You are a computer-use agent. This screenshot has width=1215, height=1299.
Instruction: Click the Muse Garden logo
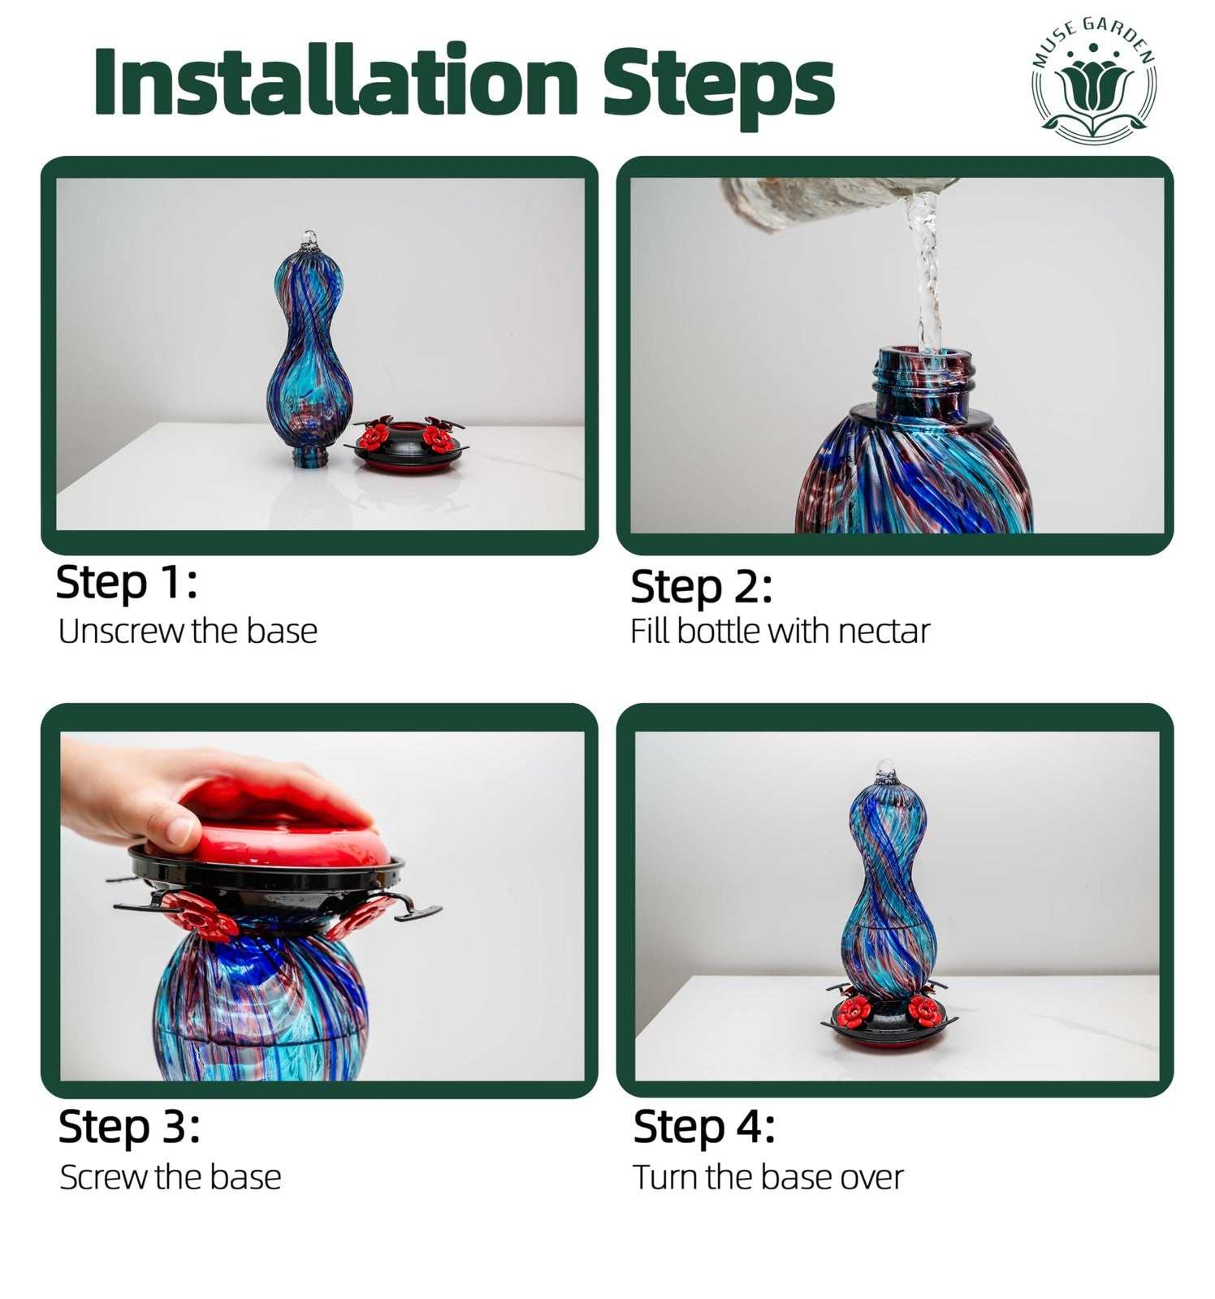[x=1094, y=80]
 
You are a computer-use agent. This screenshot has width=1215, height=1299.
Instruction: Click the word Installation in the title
[x=335, y=81]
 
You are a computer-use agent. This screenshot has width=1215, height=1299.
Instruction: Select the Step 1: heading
[x=126, y=583]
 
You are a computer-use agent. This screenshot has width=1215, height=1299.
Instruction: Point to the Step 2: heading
[x=701, y=588]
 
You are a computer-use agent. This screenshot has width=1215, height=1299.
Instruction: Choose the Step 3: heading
[x=129, y=1128]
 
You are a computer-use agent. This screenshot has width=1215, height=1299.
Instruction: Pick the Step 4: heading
[x=703, y=1128]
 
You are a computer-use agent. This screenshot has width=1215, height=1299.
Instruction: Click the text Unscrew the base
[x=188, y=631]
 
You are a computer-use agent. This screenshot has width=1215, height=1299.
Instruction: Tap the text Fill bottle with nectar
[x=780, y=631]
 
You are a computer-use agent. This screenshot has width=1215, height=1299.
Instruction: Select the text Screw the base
[x=171, y=1177]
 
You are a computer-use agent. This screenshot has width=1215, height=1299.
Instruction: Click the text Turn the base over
[x=768, y=1177]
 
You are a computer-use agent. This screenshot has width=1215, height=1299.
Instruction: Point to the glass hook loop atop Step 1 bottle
[x=309, y=239]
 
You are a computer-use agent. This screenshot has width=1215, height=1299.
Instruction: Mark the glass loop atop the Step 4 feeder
[x=884, y=770]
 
